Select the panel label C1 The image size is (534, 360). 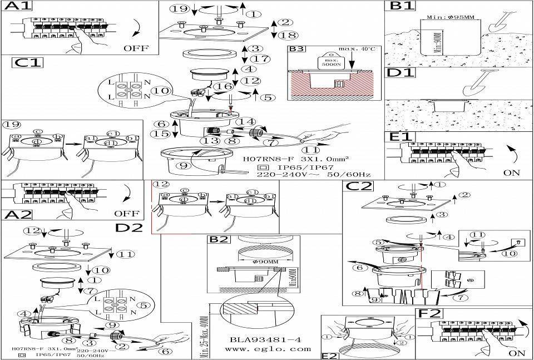point(27,62)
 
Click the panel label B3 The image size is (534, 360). point(297,50)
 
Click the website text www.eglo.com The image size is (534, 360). point(268,349)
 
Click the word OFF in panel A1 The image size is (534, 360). point(136,48)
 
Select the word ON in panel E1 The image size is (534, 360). point(511,173)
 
